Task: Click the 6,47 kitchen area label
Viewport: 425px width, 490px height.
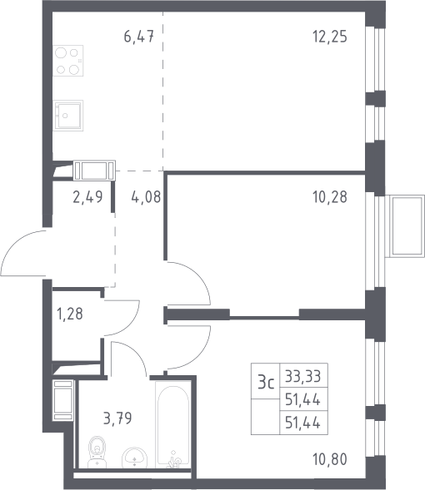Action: (139, 37)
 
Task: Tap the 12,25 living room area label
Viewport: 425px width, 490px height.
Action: (330, 37)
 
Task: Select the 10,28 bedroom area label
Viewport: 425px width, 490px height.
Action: (330, 197)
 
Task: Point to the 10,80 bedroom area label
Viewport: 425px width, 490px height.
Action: (330, 460)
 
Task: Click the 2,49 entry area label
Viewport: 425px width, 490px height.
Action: (87, 197)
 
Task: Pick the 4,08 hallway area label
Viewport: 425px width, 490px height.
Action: (146, 197)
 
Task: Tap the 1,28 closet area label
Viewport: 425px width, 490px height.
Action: (70, 314)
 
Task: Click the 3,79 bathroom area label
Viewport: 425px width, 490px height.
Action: (117, 418)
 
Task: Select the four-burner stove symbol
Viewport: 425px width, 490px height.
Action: (67, 61)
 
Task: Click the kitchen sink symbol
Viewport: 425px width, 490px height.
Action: (67, 116)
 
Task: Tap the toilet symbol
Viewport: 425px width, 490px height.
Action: (97, 452)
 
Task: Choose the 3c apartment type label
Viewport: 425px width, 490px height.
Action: (266, 383)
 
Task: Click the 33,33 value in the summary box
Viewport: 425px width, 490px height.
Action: (303, 376)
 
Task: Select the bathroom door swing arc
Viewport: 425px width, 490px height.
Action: (134, 352)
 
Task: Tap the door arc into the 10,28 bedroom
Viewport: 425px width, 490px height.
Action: (200, 276)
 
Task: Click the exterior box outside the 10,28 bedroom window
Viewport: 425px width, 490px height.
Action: (405, 226)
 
